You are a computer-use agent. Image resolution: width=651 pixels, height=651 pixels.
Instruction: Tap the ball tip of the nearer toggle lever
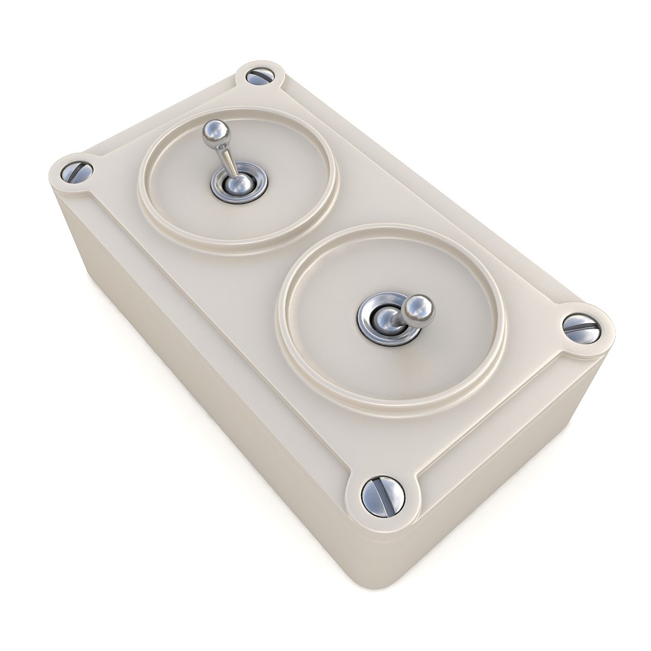pos(418,308)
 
